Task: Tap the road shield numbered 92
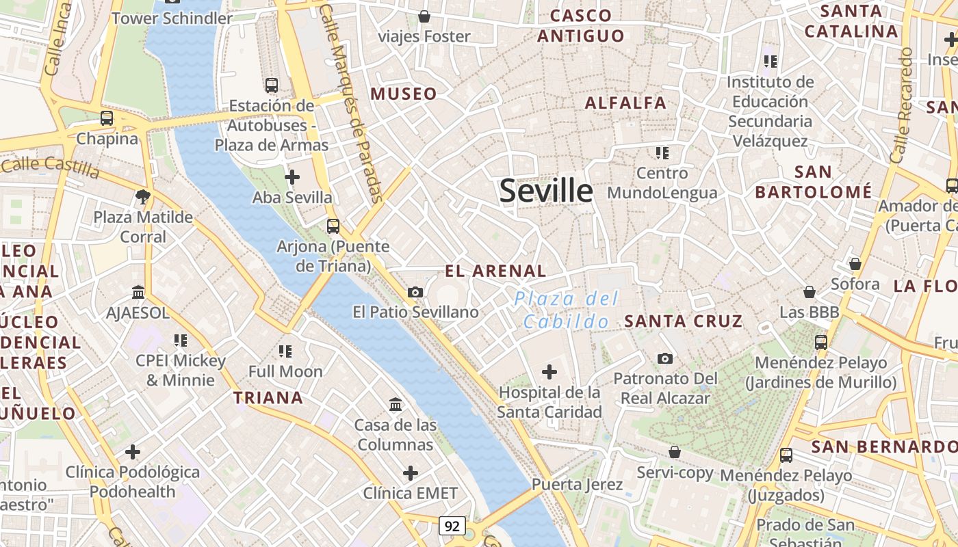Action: (452, 526)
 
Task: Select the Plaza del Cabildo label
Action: (566, 310)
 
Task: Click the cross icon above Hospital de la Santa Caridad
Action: (549, 372)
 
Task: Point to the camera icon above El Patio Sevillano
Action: (415, 292)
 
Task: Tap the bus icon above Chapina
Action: (107, 118)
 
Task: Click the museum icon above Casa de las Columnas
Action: (395, 405)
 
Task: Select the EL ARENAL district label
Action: (495, 271)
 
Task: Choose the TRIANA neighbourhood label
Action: (268, 398)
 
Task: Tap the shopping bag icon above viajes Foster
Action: (424, 16)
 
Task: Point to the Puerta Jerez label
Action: (578, 485)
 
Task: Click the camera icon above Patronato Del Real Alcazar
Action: (664, 358)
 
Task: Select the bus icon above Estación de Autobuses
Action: (272, 85)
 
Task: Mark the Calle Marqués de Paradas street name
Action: (354, 103)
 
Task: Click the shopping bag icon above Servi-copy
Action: (675, 452)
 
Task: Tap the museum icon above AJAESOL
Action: (138, 292)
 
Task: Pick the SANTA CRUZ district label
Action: (683, 321)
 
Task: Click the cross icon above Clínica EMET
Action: (410, 473)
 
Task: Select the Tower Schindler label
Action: (172, 18)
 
